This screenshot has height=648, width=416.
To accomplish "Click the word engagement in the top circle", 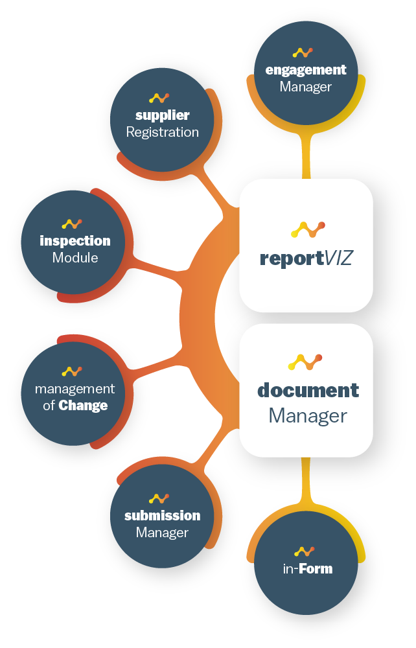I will click(306, 70).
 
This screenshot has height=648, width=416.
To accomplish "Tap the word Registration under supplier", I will click(162, 132).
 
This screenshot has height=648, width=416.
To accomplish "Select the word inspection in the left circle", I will click(75, 241).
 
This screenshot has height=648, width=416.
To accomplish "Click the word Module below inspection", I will click(75, 258).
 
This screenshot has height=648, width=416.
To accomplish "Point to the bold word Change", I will click(83, 406).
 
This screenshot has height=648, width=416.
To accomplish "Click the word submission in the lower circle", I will click(162, 516).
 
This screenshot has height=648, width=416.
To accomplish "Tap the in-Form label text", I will click(307, 569).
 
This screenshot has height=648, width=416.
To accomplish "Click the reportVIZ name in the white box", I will click(306, 259).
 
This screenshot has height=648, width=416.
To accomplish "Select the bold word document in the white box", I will click(308, 390).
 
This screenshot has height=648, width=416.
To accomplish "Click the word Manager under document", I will click(308, 415).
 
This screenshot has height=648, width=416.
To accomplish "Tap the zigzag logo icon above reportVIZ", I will click(307, 229).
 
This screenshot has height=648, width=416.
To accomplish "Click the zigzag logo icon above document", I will click(305, 362).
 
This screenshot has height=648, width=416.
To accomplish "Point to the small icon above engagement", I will click(303, 52).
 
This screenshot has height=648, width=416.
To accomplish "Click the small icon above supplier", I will click(159, 98).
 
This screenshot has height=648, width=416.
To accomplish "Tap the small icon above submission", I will click(159, 498).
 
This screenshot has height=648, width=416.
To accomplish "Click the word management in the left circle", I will click(75, 389).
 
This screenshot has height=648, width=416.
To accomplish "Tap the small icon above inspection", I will click(71, 224).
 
